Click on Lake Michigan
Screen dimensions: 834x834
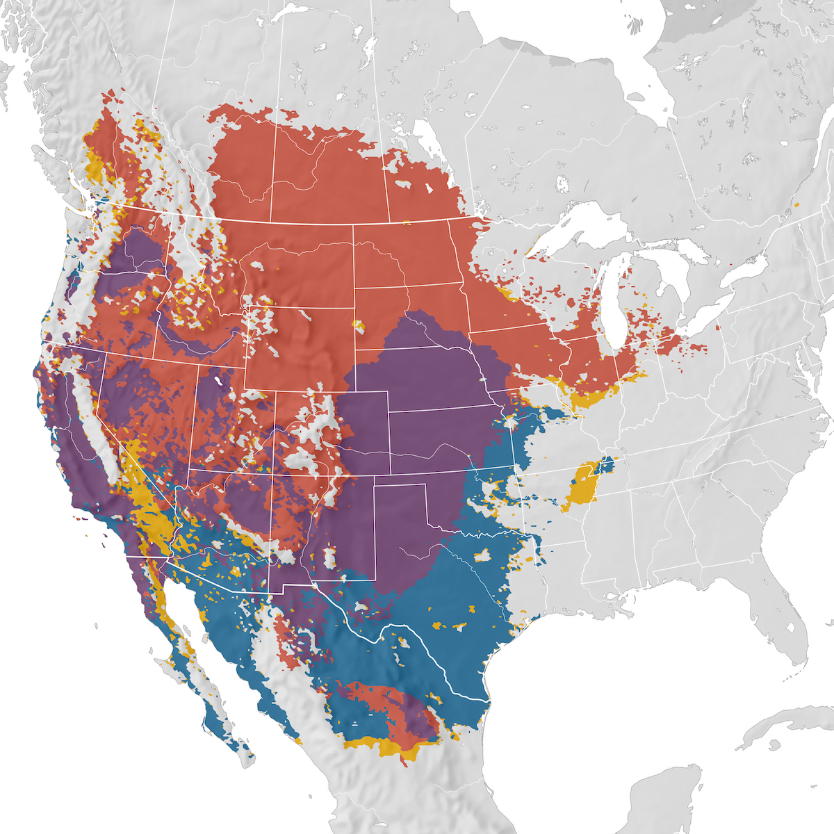coord(610,306)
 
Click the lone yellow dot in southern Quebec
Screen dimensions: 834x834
coord(797,205)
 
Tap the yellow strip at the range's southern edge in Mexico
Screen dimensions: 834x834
coord(382,747)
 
